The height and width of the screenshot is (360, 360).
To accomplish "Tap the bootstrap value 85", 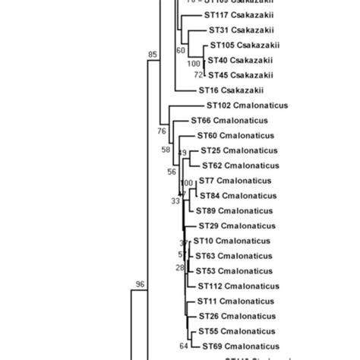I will coord(153,55).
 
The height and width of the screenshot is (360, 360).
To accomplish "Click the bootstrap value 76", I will coord(162,131).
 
